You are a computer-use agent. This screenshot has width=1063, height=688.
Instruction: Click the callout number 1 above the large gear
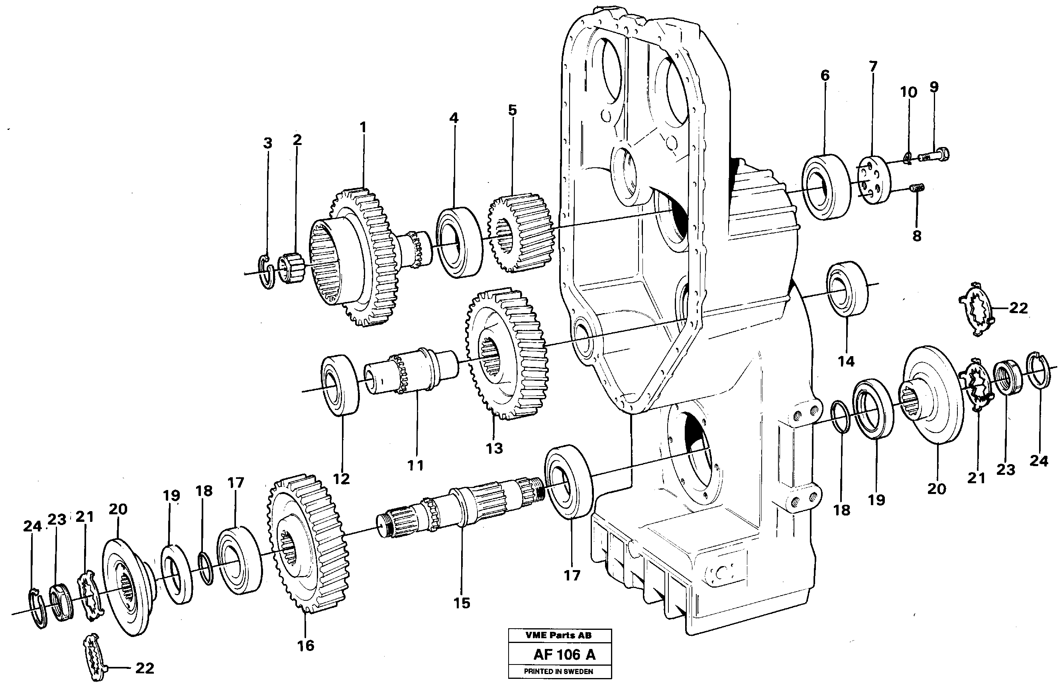(363, 127)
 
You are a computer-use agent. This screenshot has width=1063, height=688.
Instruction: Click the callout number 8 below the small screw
(916, 236)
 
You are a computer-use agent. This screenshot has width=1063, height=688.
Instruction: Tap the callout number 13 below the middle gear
(494, 448)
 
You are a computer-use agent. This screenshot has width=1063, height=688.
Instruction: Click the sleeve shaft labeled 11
(411, 370)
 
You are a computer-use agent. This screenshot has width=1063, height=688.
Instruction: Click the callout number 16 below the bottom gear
(306, 645)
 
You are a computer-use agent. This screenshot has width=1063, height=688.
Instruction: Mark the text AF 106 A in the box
(564, 655)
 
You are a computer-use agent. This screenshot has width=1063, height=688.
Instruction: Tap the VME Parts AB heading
(558, 635)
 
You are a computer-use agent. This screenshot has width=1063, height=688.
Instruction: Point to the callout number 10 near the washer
(908, 92)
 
